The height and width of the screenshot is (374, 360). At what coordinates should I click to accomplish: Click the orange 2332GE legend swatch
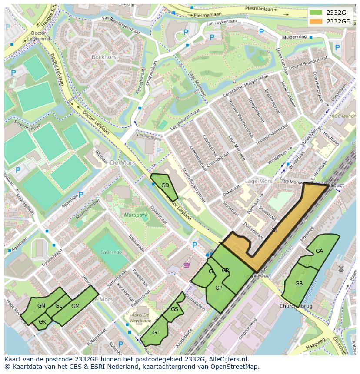[316, 21]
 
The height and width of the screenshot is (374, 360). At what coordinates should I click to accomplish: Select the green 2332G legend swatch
[316, 13]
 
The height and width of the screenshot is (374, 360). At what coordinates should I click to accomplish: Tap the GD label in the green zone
[165, 185]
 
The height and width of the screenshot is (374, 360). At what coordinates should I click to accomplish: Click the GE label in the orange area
[275, 230]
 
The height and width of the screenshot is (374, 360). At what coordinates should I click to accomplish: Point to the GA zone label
[319, 251]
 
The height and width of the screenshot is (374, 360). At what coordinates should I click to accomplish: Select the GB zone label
[299, 284]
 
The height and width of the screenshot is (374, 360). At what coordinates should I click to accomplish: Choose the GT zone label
[156, 333]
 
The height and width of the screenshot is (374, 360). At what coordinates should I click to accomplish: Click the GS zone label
[174, 309]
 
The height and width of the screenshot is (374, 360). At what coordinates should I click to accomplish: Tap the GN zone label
[41, 306]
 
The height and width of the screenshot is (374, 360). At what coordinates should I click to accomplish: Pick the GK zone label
[42, 322]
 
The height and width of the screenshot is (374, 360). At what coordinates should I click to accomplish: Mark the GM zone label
[75, 306]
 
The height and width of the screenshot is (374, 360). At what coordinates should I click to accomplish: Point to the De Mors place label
[123, 163]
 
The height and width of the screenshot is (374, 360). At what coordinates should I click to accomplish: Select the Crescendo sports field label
[110, 252]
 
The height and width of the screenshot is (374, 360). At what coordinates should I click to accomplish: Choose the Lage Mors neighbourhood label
[258, 181]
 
